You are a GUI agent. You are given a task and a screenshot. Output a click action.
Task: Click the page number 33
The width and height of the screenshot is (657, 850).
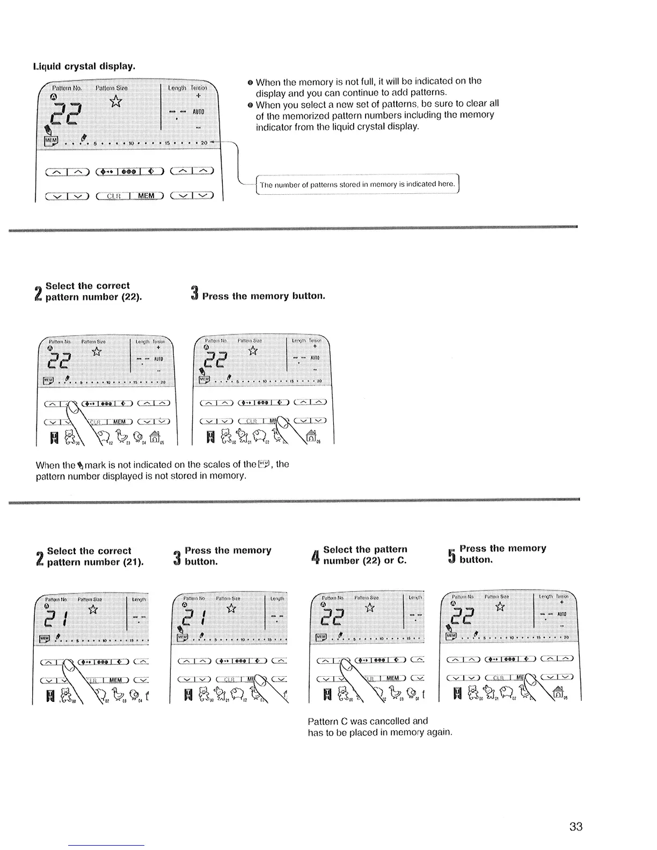click(575, 826)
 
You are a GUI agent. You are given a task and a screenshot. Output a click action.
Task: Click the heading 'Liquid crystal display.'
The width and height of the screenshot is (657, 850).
click(84, 67)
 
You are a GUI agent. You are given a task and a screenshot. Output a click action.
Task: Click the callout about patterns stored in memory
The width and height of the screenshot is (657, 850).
click(357, 185)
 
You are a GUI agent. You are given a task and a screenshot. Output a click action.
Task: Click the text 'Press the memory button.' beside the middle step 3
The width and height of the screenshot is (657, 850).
click(264, 296)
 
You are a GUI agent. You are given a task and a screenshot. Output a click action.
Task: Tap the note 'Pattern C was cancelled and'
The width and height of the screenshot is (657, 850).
click(368, 721)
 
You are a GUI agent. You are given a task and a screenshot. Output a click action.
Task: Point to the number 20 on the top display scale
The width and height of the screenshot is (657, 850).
click(203, 143)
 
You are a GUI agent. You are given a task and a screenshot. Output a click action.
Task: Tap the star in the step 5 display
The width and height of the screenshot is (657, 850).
click(500, 606)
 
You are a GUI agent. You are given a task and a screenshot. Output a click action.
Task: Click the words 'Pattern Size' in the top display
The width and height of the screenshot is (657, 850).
click(111, 88)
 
